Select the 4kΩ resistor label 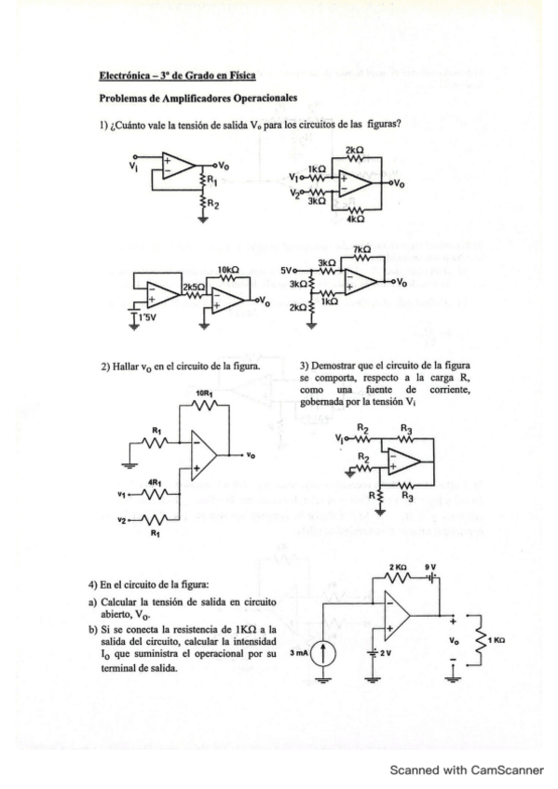[354, 219]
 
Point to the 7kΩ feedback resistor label [361, 250]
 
